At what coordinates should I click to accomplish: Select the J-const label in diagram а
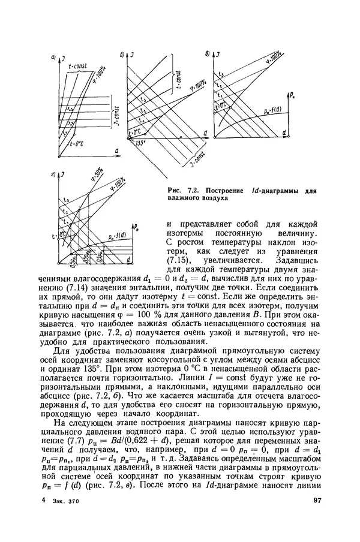point(115,111)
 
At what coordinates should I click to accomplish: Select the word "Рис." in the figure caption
point(175,191)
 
